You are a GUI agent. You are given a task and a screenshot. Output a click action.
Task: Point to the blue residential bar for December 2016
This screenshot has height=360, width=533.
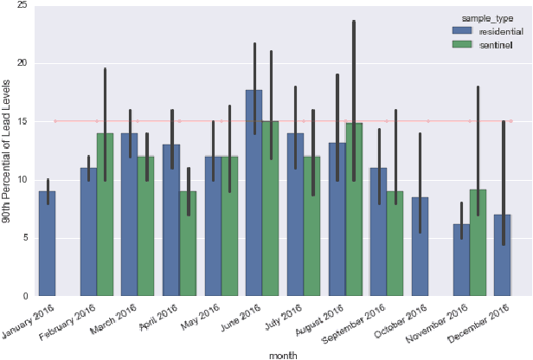[503, 255]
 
